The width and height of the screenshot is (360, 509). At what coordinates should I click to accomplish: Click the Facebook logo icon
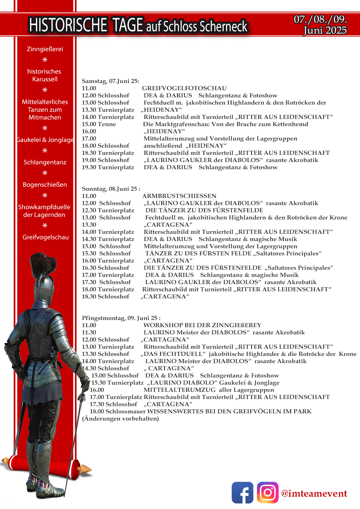(242, 492)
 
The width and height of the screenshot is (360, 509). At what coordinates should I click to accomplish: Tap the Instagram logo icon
(267, 492)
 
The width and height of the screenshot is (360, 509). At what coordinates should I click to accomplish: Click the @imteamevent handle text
(314, 493)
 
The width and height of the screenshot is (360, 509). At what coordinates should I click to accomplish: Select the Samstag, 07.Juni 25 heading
(110, 81)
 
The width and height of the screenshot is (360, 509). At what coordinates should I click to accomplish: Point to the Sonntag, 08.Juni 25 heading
(111, 189)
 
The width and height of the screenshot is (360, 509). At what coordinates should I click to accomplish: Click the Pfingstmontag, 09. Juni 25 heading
(121, 318)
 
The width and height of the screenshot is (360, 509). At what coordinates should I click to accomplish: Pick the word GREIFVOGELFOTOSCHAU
(184, 88)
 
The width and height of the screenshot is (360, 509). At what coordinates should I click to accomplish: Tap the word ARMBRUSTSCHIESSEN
(179, 196)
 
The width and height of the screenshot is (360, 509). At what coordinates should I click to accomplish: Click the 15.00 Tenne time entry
(99, 124)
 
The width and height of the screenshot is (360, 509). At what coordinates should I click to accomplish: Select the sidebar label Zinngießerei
(45, 49)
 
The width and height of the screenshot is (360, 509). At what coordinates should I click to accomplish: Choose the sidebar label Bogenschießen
(45, 185)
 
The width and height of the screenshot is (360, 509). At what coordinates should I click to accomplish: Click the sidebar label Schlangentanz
(45, 162)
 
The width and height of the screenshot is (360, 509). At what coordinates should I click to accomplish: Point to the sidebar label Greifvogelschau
(45, 237)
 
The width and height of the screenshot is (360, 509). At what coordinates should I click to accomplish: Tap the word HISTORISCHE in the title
(68, 25)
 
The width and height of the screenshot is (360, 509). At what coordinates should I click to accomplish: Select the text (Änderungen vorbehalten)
(120, 419)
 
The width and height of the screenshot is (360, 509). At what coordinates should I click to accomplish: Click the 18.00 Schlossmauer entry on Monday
(118, 411)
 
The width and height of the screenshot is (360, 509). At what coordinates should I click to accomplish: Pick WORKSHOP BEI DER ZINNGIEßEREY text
(202, 325)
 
